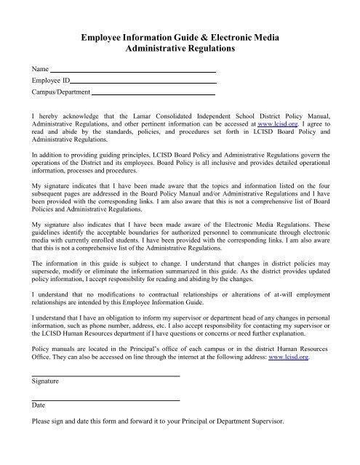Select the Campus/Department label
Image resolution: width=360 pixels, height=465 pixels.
coord(60,93)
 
